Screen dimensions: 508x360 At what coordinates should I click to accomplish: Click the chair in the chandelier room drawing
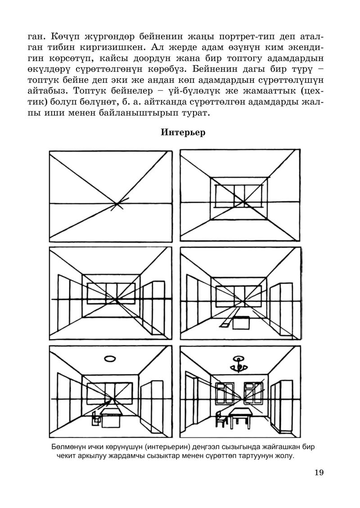pyautogui.click(x=220, y=419)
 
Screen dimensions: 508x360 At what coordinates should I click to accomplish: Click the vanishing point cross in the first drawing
pyautogui.click(x=118, y=205)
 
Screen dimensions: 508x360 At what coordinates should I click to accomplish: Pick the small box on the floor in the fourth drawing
pyautogui.click(x=241, y=322)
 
